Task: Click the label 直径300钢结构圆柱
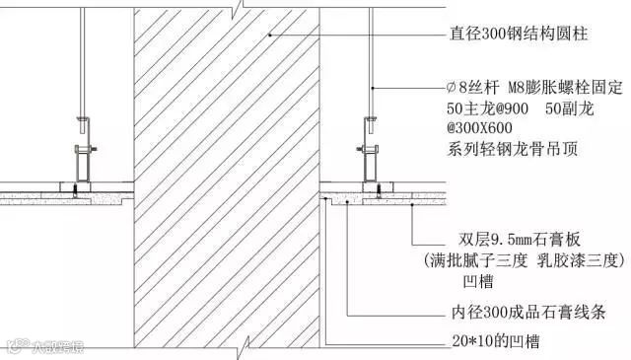[x=519, y=34]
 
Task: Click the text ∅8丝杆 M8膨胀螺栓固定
[x=534, y=88]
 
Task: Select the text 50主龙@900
[x=487, y=108]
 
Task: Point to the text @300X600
[x=479, y=128]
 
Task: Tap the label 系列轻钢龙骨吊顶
[x=513, y=149]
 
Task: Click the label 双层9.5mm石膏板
[x=520, y=240]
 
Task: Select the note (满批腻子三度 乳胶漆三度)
[x=525, y=260]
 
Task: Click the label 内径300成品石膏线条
[x=528, y=312]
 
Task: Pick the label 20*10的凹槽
[x=495, y=341]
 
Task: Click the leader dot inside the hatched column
[x=270, y=36]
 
